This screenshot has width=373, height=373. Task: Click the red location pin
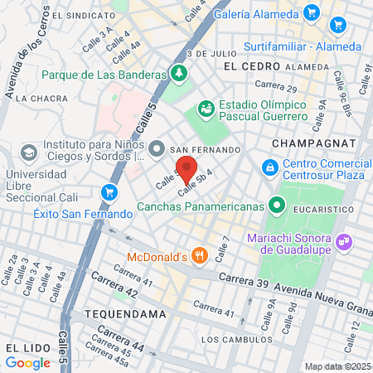186,170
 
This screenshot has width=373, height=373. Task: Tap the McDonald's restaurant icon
198,255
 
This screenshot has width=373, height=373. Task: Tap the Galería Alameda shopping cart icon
312,12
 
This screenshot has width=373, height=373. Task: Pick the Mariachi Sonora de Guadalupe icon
346,242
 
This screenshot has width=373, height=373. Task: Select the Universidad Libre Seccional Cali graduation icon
29,153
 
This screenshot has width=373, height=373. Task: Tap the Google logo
28,362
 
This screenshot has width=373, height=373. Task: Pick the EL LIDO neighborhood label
22,345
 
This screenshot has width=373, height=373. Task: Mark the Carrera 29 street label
275,85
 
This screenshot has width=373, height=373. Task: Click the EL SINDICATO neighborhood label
78,15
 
